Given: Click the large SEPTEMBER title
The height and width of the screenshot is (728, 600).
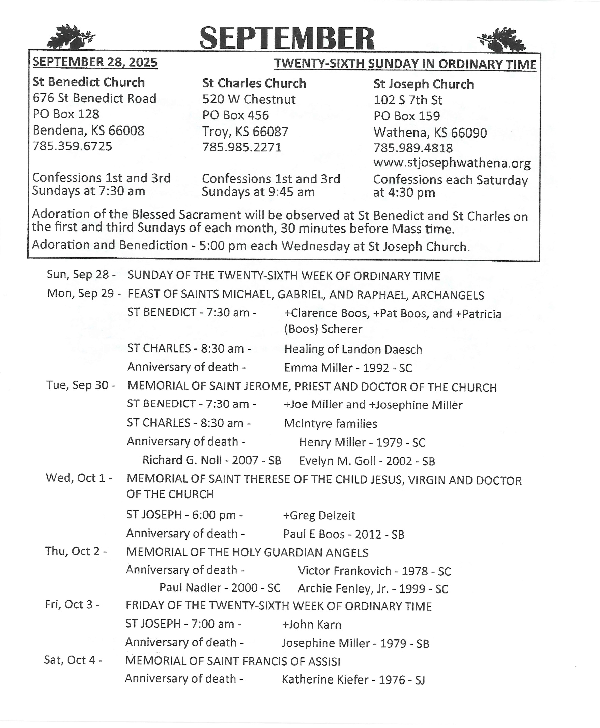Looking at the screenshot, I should pos(287,38).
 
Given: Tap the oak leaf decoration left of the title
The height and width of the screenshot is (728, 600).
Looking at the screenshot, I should pos(70,37).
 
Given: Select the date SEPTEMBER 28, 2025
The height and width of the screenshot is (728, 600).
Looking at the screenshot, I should pos(95,62).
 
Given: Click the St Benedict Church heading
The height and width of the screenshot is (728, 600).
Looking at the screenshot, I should pos(89,82).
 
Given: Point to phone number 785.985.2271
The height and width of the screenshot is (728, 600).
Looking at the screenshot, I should pos(242,148).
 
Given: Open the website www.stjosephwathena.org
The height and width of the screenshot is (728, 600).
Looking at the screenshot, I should pos(452,163).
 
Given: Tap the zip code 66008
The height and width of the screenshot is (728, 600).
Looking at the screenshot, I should pos(126,130).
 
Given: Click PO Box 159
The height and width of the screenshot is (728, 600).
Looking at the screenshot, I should pos(406,116).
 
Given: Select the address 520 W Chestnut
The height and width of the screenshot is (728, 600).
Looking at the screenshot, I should pos(249,100).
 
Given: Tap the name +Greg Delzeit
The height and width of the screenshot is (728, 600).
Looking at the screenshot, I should pos(319,516).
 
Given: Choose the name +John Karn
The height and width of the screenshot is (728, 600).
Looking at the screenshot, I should pos(311,625).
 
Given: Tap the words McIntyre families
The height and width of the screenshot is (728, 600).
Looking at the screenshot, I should pos(331,424).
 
